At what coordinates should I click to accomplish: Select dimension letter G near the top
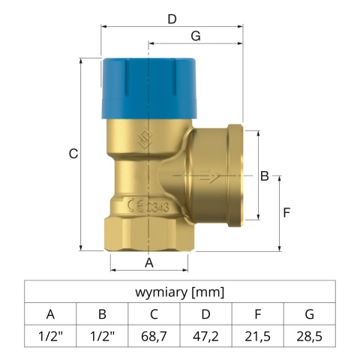click(x=196, y=36)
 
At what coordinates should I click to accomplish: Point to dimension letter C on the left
click(x=73, y=154)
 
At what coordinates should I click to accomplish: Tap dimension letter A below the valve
click(x=148, y=262)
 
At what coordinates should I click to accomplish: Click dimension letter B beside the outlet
click(x=264, y=176)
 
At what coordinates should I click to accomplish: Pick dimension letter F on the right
click(x=286, y=212)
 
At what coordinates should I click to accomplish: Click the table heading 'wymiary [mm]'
click(x=180, y=292)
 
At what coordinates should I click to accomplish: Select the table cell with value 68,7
click(x=154, y=337)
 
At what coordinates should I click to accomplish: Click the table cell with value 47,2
click(x=205, y=337)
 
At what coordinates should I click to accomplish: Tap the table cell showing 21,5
click(x=257, y=337)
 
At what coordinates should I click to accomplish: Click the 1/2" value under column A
click(x=50, y=337)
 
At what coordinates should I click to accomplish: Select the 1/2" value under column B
click(x=102, y=337)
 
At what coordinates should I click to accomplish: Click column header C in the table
click(x=154, y=314)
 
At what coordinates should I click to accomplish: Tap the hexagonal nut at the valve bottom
click(x=148, y=232)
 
